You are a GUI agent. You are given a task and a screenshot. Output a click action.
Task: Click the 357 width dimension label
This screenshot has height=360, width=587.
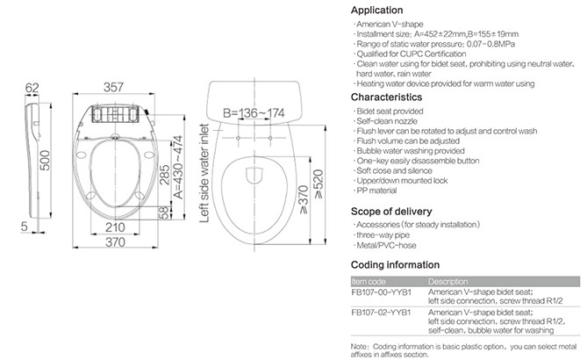coord(113,87)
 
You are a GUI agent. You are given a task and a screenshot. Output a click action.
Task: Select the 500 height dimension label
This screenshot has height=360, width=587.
coord(45,161)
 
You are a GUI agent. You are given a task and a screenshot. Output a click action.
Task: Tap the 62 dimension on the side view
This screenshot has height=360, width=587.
coord(32,88)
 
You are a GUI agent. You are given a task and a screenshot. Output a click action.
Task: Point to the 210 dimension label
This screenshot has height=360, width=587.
coord(115,227)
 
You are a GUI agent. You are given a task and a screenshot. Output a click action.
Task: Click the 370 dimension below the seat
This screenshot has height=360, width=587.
coord(115,242)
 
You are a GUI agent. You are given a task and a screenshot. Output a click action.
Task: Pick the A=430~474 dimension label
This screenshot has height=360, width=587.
coord(178,167)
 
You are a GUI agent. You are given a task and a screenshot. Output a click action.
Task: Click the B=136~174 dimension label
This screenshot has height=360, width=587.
coord(254,112)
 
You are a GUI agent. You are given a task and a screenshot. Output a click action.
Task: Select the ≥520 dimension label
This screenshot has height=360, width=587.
coord(319,184)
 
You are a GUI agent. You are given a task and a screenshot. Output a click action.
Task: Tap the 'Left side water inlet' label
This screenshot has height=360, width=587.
coord(204,173)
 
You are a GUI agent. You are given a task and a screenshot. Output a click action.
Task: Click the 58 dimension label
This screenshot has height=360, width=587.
coord(164,212)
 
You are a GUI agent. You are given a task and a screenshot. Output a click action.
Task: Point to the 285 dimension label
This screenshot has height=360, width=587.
coord(164,175)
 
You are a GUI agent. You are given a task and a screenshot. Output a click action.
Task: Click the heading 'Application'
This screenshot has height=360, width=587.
coord(377,11)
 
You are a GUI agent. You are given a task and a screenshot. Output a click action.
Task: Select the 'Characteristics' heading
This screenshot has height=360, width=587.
coord(386,97)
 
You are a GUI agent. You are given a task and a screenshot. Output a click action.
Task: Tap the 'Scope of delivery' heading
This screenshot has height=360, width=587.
coord(391,212)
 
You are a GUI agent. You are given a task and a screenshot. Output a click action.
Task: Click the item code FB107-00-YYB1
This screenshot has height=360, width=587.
coord(381,292)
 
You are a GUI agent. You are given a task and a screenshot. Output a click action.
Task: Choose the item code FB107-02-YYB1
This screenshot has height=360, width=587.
coord(381,313)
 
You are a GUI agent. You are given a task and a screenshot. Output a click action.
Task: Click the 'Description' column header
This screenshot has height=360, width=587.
coord(448,282)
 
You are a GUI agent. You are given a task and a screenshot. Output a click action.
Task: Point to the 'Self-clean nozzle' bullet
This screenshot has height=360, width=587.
coord(387,121)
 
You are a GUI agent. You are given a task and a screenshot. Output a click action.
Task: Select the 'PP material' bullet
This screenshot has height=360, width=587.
coord(376,191)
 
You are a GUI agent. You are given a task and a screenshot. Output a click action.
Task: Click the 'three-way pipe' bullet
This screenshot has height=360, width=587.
coord(383,235)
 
